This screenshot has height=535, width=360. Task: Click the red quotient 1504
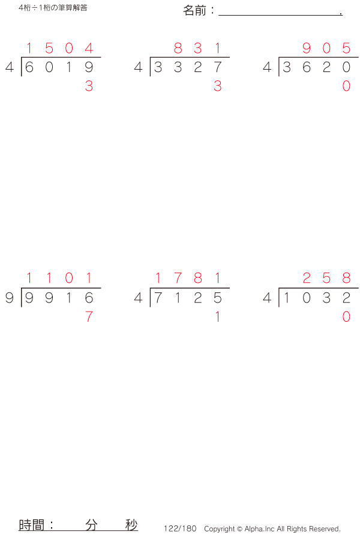pos(59,48)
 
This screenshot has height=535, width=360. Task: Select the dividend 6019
pos(59,67)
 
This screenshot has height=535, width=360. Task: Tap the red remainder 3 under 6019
pos(89,86)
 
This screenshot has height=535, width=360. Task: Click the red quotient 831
pos(197,48)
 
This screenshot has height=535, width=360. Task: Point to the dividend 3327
pos(188,67)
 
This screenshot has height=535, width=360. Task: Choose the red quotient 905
pos(326,48)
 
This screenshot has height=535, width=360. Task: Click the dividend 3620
pos(316,67)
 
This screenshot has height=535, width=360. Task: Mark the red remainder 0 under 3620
pos(346,86)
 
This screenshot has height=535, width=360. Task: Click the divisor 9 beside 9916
pos(9,297)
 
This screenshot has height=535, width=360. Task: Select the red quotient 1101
pos(59,278)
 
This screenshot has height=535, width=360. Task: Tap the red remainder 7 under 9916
pos(89,316)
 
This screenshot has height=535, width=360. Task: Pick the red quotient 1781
pos(188,278)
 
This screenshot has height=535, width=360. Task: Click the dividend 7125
pos(188,297)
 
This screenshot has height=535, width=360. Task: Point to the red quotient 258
pos(326,278)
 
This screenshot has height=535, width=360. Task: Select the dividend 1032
pos(316,297)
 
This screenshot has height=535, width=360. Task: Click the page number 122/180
pos(180,528)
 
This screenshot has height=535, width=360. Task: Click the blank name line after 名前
pos(280,12)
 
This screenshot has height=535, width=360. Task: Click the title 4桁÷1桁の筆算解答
pos(53,8)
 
